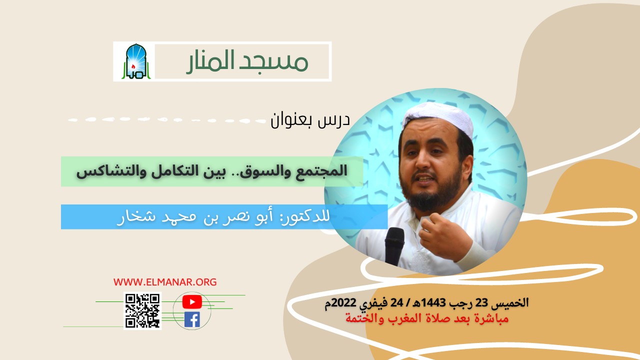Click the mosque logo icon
point(133,61)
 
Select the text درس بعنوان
point(310,120)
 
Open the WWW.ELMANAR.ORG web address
point(165,282)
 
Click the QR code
point(142,310)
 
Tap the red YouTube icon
point(192,301)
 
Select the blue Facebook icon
point(192,319)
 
